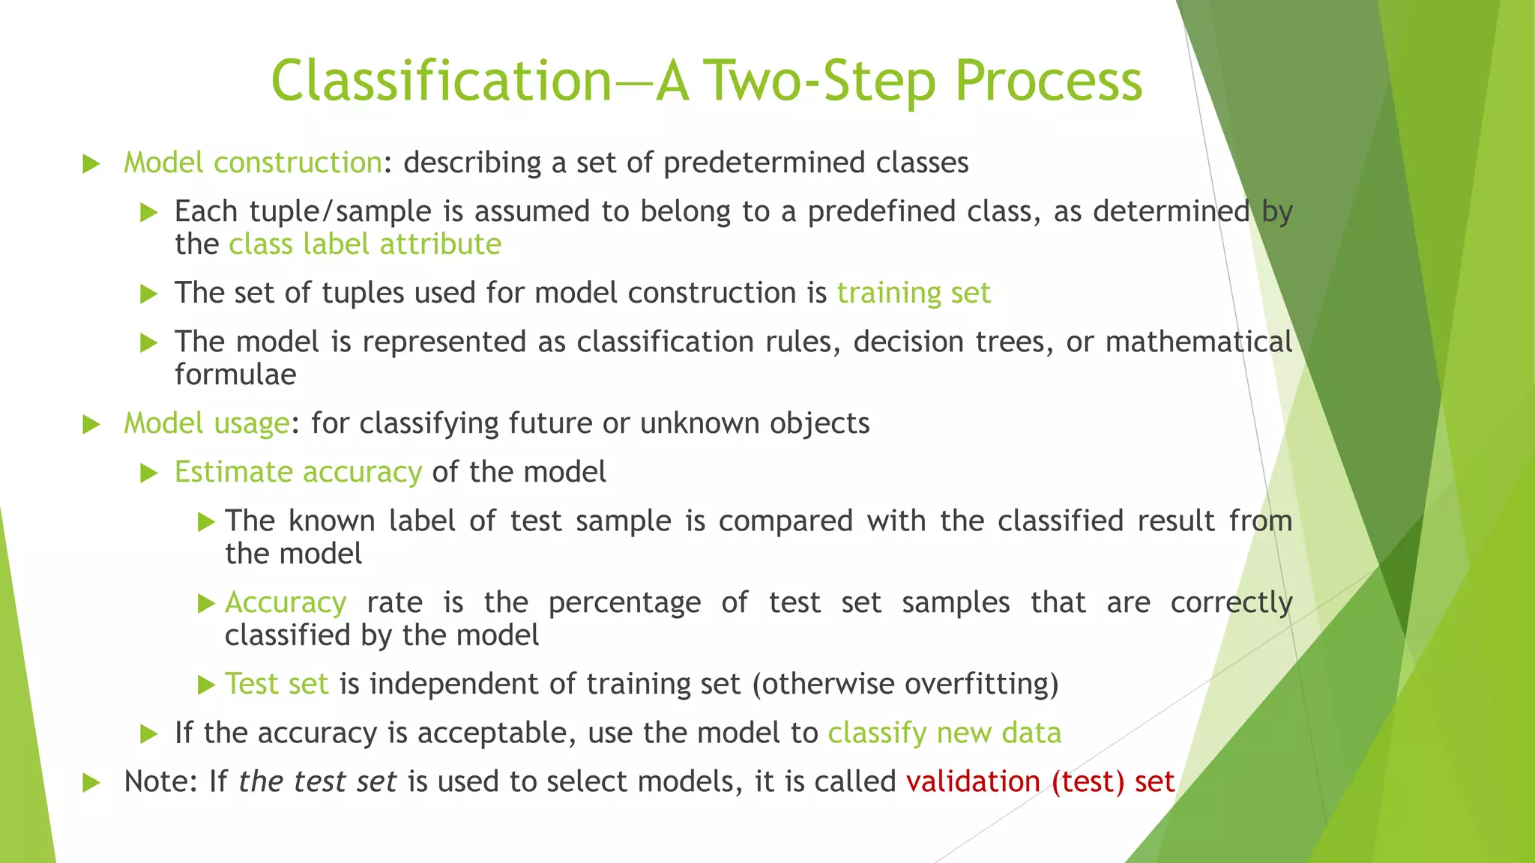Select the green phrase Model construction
coord(253,163)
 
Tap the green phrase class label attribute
coord(365,244)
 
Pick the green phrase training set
coord(914,293)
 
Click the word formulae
coord(235,375)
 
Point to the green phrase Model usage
coord(206,423)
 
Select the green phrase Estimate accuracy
coord(298,472)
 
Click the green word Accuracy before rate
coord(286,602)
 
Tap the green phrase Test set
coord(277,684)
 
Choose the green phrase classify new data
coord(944,733)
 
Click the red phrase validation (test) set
coord(1040,781)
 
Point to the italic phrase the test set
coord(317,781)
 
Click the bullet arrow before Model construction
coord(91,163)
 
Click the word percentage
coord(624,602)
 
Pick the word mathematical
coord(1198,342)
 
